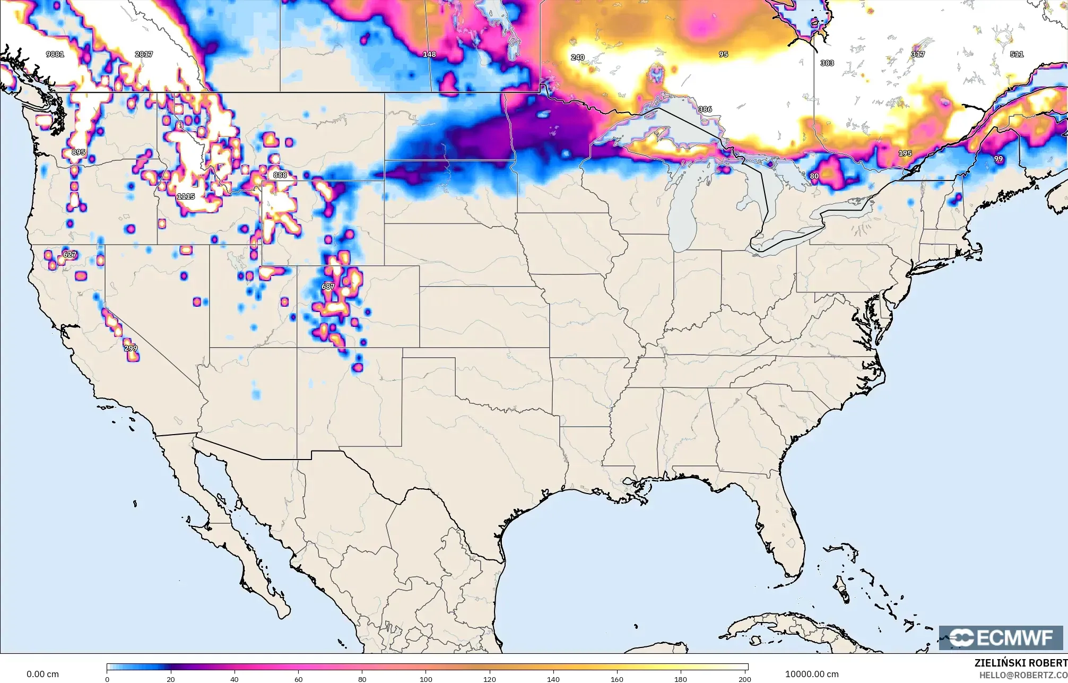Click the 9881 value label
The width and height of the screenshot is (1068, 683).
[55, 54]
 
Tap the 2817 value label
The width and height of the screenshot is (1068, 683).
[144, 54]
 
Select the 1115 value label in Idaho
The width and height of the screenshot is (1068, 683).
[186, 196]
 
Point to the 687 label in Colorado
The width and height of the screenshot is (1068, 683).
[328, 287]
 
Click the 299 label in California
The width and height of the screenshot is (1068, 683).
[131, 348]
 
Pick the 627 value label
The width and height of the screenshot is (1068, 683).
[70, 254]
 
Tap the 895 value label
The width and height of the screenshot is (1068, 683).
[79, 152]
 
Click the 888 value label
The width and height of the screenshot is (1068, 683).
[280, 175]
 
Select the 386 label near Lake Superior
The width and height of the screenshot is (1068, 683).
[705, 109]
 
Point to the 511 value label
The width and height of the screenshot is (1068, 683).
[1017, 54]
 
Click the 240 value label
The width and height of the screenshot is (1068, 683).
[577, 57]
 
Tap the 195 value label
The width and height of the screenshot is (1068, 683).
[905, 153]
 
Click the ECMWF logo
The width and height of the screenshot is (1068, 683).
[1000, 638]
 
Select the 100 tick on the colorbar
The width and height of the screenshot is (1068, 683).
[426, 679]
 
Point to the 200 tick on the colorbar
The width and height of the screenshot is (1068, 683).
[744, 679]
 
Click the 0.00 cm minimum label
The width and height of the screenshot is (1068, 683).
[43, 674]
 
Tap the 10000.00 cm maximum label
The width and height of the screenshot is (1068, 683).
[812, 674]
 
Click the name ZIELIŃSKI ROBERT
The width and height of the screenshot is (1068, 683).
[1020, 663]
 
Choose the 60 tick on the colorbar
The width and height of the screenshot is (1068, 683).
[299, 679]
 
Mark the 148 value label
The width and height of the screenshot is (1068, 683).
[429, 54]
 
